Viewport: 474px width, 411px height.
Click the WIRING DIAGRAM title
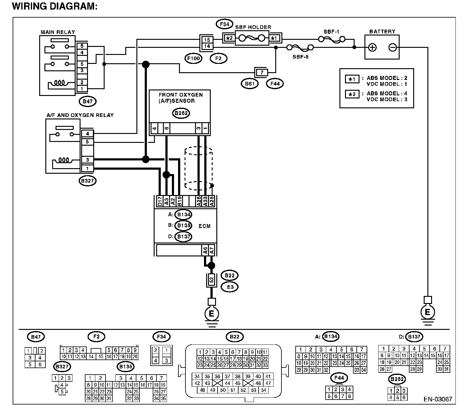[55, 6]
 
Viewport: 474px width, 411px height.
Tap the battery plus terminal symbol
[372, 48]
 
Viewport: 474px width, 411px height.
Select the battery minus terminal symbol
[393, 48]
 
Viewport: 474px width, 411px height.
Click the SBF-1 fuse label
[331, 32]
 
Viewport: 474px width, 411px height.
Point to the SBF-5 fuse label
[300, 57]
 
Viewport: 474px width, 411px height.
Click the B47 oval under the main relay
[88, 102]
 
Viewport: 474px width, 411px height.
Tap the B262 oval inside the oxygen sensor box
[181, 113]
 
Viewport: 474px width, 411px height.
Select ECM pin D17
[160, 201]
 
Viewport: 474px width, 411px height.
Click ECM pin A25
[212, 201]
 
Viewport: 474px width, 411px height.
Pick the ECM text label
[204, 226]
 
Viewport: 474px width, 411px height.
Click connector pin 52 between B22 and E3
[211, 280]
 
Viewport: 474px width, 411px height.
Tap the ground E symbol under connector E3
[211, 313]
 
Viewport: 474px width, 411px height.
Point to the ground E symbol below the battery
[427, 312]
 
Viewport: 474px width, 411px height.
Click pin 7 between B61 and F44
[262, 73]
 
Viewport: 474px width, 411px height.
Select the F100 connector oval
[193, 59]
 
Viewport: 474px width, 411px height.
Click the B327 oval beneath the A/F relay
[87, 181]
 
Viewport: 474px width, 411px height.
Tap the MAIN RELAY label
[58, 32]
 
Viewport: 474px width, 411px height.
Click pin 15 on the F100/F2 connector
[207, 40]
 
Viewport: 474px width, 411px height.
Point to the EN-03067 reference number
[438, 399]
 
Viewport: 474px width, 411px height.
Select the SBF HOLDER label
[253, 27]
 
